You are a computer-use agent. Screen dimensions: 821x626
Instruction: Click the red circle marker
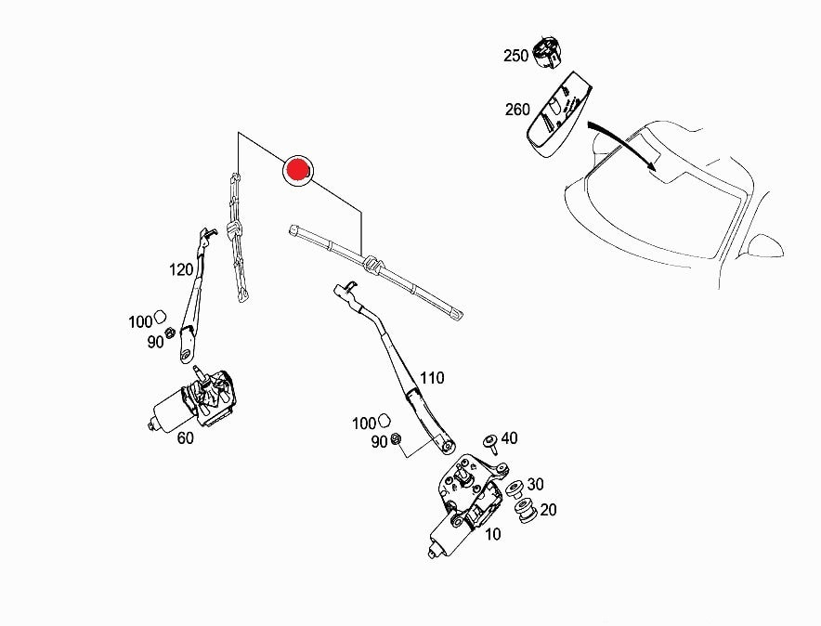coord(297,171)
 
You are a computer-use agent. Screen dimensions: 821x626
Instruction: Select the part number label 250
coord(515,56)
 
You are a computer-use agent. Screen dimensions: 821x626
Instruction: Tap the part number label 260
coord(517,110)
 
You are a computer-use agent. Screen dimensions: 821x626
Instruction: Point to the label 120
coord(181,269)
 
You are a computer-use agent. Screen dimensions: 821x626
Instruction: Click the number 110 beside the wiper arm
coord(432,377)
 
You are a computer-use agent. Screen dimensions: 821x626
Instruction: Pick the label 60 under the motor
coord(186,437)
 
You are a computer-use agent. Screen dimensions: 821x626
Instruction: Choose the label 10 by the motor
coord(493,534)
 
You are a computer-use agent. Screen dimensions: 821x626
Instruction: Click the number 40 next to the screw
coord(510,437)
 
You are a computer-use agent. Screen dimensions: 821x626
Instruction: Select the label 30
coord(535,484)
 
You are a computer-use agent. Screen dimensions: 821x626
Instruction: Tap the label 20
coord(548,509)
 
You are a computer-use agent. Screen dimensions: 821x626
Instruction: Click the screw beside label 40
coord(490,443)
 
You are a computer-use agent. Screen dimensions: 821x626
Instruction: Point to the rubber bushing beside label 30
coord(515,489)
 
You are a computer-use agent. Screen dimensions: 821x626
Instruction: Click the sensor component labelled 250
coord(546,53)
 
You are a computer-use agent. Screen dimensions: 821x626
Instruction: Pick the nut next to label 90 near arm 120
coord(170,333)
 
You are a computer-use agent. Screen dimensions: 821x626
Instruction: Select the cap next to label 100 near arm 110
coord(384,420)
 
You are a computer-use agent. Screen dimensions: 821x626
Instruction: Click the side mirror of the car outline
coord(764,246)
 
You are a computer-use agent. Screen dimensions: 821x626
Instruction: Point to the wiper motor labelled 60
coord(192,400)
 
